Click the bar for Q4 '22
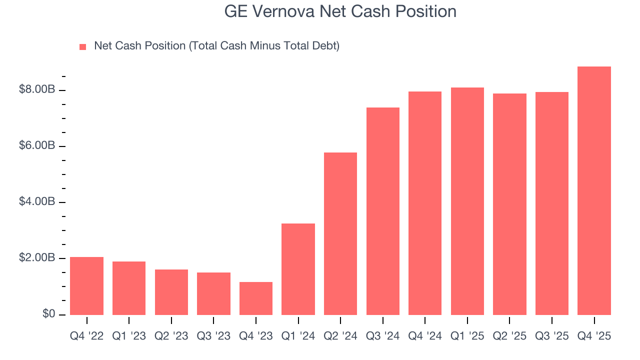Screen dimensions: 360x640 coord(86,286)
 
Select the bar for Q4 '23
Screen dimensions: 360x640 coord(256,298)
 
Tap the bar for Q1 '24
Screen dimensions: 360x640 coord(298,269)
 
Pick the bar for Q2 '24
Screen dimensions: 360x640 coord(340,233)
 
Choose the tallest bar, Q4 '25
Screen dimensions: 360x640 coord(594,190)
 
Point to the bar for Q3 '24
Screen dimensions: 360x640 coord(383,211)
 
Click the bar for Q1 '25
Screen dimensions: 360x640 coord(467,201)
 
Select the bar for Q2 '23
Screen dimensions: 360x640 coord(171,292)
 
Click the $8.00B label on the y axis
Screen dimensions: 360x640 coord(37,90)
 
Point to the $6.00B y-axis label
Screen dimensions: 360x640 coord(37,146)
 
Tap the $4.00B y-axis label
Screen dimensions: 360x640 coord(37,202)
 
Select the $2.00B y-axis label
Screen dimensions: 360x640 coord(37,258)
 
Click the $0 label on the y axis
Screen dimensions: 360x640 coord(49,314)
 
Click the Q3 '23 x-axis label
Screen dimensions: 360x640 coord(213,336)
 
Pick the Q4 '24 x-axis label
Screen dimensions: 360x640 coord(425,336)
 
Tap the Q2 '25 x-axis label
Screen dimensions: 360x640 coord(509,336)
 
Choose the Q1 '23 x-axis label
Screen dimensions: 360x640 coord(129,336)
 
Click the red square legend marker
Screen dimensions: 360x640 coord(83,47)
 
